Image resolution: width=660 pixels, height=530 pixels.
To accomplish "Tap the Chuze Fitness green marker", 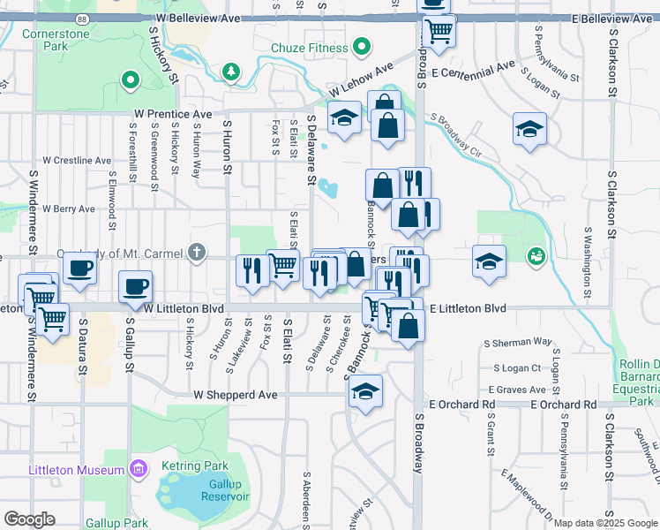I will [360, 46].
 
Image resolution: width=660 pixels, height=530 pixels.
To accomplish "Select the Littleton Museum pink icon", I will [137, 467].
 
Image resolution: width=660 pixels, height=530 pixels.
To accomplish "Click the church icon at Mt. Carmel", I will [195, 254].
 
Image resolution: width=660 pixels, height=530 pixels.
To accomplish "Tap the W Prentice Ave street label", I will [173, 115].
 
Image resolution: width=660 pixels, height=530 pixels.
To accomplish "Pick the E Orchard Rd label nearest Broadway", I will [462, 405].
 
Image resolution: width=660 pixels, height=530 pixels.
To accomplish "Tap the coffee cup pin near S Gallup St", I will [136, 286].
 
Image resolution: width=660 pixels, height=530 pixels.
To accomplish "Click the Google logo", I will [29, 519].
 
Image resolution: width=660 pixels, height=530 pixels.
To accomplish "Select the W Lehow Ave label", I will [361, 82].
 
